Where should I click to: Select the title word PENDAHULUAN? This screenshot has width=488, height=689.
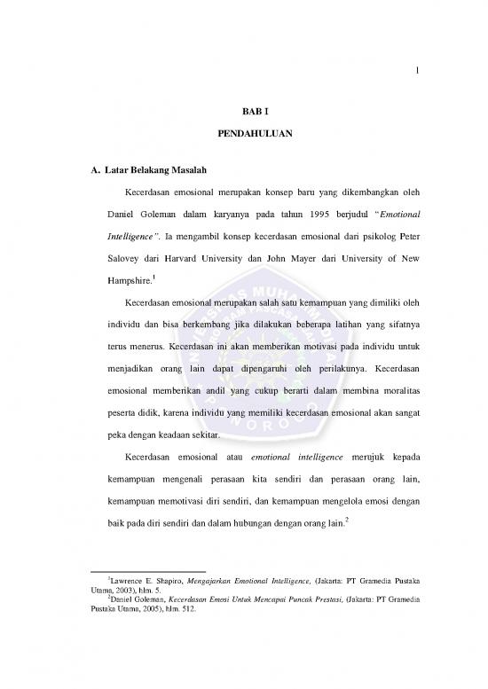pyautogui.click(x=244, y=136)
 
